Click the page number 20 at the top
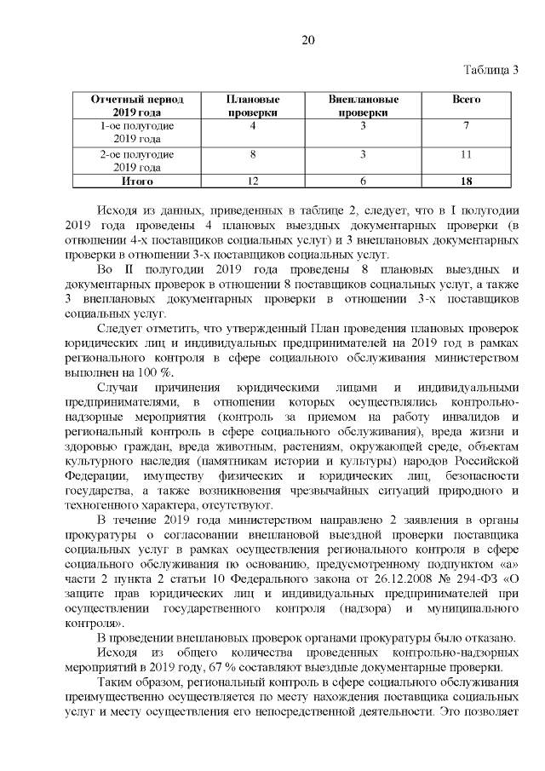point(307,40)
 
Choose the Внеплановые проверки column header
point(364,106)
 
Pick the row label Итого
point(137,181)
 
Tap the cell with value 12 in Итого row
point(253,181)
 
